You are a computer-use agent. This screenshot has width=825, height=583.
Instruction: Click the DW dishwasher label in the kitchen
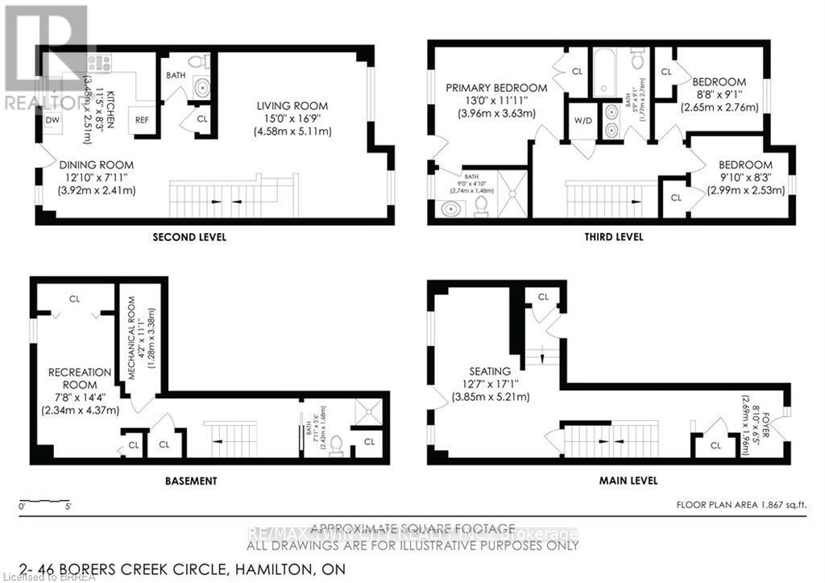(x=52, y=120)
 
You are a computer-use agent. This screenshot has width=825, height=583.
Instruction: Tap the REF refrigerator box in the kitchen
(x=142, y=119)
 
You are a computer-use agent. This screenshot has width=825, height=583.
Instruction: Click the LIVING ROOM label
(x=292, y=106)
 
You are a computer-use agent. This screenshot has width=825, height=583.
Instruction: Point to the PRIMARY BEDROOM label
(x=498, y=88)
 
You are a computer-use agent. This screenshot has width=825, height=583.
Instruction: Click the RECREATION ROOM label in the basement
(x=79, y=379)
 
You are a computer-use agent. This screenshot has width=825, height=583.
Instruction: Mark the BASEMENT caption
(x=190, y=481)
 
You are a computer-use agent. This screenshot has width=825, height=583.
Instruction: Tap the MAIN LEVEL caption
(x=628, y=481)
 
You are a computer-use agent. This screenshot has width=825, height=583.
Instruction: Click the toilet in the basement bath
(x=338, y=443)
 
